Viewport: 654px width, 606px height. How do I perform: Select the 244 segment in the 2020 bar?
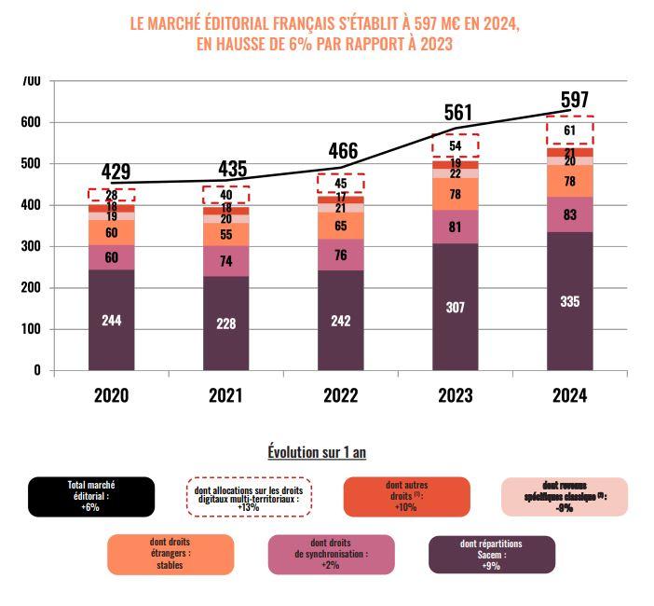(112, 320)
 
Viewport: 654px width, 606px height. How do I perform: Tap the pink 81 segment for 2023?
(456, 227)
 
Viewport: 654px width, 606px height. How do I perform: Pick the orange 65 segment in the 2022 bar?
(341, 226)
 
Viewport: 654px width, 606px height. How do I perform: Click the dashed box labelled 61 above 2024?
(570, 130)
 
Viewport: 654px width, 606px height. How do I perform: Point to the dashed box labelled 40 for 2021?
(226, 195)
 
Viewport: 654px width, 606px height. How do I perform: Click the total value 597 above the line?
(574, 100)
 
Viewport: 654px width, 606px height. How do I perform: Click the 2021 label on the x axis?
(226, 394)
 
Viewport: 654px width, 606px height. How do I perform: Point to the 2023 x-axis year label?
(456, 394)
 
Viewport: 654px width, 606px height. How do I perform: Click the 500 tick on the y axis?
(31, 164)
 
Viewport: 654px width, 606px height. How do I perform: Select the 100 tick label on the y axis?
(31, 329)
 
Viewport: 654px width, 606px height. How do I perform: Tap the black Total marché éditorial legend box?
(90, 496)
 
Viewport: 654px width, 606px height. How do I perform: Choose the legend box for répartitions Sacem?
(491, 554)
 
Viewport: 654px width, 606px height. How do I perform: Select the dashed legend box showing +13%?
(248, 496)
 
